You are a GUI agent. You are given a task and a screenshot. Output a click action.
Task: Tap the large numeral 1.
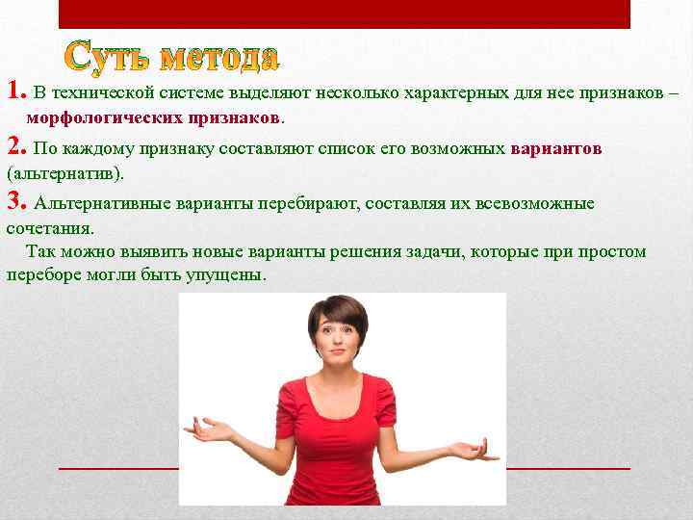(14, 91)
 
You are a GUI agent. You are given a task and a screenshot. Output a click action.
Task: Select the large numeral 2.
(14, 146)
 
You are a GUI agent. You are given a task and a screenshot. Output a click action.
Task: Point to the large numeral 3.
(14, 201)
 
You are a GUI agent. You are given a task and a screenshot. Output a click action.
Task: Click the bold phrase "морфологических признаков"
(154, 117)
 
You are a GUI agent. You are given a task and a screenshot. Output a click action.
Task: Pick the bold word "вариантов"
(556, 149)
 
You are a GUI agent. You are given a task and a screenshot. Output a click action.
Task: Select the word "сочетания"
(50, 229)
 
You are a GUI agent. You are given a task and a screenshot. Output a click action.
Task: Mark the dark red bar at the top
(344, 13)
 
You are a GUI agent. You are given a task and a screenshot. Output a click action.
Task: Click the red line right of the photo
(568, 467)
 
